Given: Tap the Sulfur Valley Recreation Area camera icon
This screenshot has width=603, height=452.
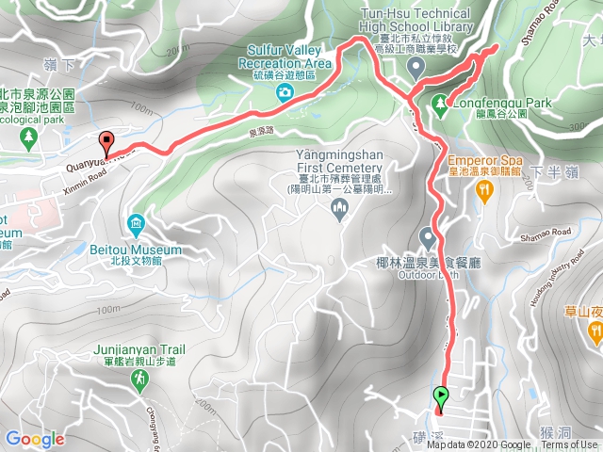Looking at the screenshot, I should click(x=284, y=91).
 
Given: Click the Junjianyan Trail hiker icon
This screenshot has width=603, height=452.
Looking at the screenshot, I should click(x=139, y=379).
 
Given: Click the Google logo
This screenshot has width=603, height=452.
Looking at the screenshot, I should click(x=35, y=439).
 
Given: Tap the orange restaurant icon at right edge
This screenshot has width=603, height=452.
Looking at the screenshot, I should click(x=595, y=331).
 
